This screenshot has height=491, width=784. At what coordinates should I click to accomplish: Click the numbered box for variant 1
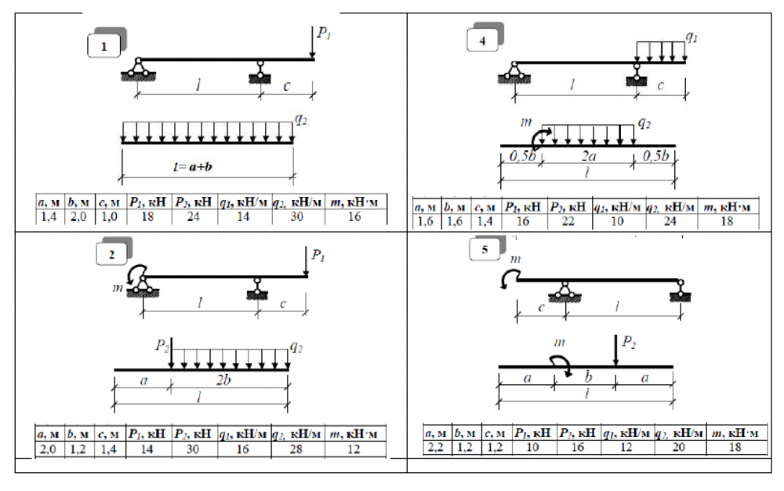[104, 47]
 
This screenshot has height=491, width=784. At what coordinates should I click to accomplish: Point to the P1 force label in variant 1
[323, 33]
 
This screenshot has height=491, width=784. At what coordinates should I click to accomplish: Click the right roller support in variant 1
[259, 76]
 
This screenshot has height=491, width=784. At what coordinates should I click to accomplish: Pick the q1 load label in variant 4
[691, 36]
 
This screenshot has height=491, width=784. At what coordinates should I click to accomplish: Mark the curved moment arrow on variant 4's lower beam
[539, 137]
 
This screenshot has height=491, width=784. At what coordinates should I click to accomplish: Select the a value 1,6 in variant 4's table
[426, 223]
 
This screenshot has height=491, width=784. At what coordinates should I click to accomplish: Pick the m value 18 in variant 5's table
[735, 446]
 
